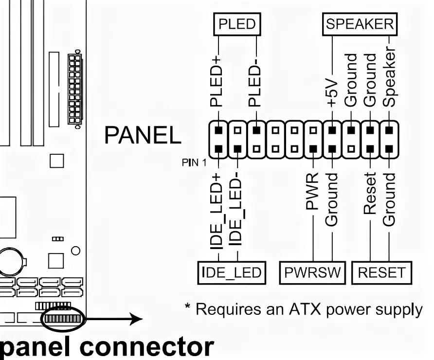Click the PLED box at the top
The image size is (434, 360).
237,24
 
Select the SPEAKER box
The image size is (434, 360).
360,24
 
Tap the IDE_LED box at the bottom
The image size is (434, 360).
232,273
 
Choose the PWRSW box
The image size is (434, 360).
312,273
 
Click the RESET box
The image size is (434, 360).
381,273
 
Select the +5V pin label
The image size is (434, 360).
332,93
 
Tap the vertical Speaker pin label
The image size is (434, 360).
389,77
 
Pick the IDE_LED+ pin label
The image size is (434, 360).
216,212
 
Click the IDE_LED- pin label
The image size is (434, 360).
235,209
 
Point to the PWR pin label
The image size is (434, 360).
312,191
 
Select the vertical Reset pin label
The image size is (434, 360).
370,193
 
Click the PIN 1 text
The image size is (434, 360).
194,162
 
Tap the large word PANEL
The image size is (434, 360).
143,135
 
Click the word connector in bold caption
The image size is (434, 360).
147,347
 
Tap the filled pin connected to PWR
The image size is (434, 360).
313,149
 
